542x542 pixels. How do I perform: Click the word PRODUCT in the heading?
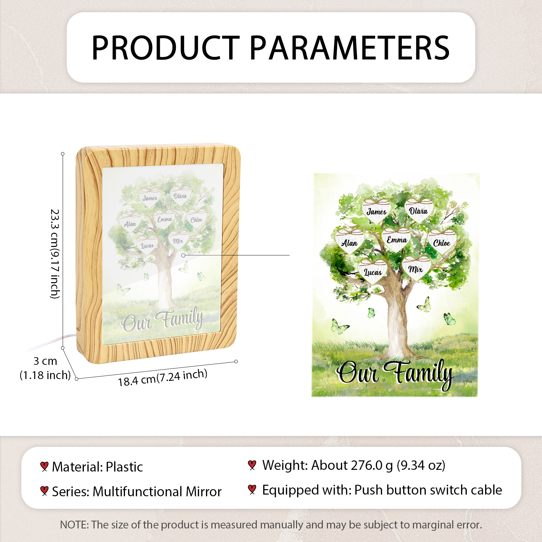[x=166, y=48]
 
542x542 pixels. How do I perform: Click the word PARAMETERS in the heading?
[x=350, y=48]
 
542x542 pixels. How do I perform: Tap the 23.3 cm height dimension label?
[x=55, y=254]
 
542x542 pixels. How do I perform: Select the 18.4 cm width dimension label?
[x=163, y=377]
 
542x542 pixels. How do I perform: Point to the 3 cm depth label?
[x=45, y=368]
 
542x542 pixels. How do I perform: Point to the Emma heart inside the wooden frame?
[x=165, y=219]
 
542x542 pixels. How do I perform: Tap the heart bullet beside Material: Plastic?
[x=44, y=466]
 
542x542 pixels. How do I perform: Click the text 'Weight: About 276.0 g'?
[x=328, y=465]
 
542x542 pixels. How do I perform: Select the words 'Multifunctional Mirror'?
[x=157, y=492]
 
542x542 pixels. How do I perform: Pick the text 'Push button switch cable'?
[x=428, y=490]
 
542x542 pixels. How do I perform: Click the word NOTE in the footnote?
[x=73, y=525]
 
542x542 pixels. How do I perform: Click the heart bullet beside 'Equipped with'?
[x=252, y=489]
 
